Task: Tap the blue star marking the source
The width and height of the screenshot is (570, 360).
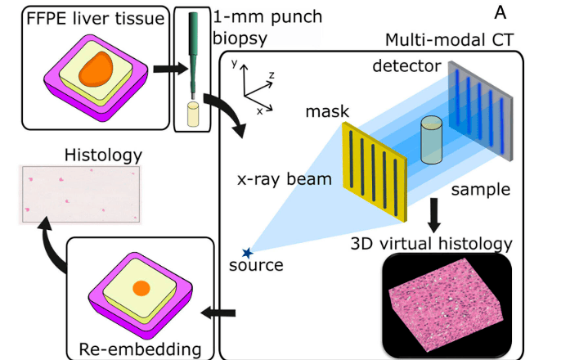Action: tap(248, 253)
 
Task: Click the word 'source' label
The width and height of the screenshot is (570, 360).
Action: tap(257, 266)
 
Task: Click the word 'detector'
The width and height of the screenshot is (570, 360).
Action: tap(406, 64)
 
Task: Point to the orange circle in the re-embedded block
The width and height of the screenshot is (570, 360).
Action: tap(140, 288)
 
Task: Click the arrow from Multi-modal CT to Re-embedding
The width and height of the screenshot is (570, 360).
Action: tap(220, 311)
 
